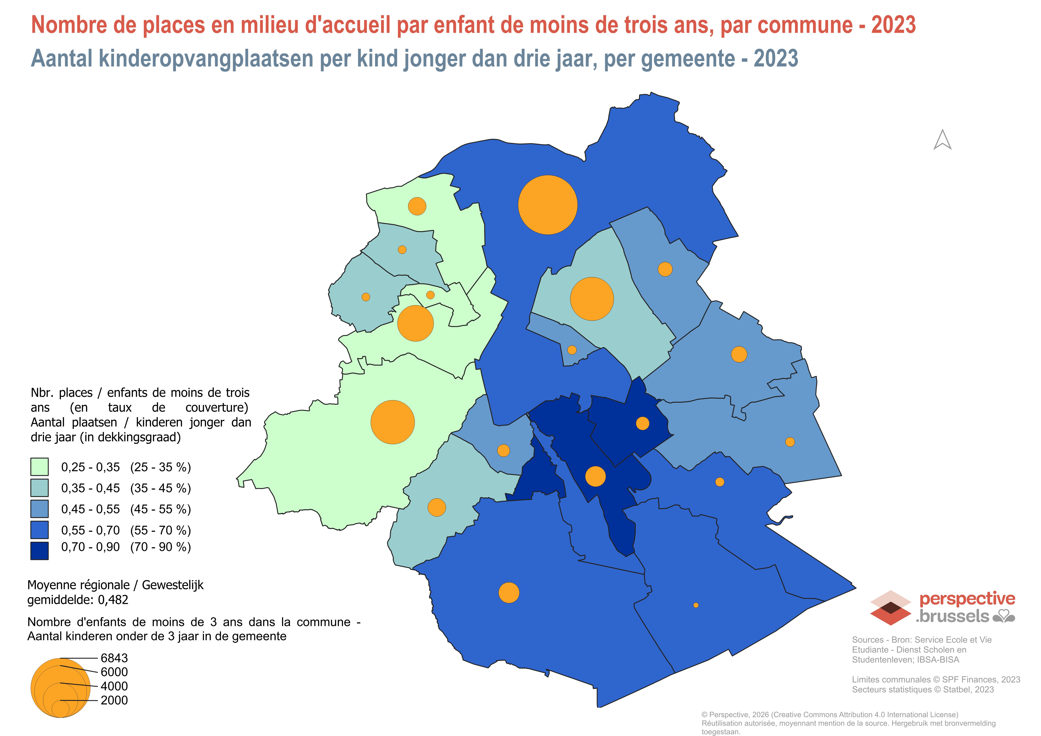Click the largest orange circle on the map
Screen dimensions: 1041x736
[x=548, y=205]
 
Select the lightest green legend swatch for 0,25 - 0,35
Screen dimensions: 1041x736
[x=40, y=467]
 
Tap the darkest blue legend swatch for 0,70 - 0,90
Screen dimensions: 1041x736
[x=40, y=550]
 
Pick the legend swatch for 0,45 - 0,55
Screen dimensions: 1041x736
[x=40, y=509]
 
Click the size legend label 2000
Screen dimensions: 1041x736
[x=114, y=700]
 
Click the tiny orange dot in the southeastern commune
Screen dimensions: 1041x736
[x=696, y=605]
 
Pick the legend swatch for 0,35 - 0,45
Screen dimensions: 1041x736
[x=40, y=488]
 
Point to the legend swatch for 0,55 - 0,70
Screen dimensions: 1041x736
[x=40, y=530]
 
